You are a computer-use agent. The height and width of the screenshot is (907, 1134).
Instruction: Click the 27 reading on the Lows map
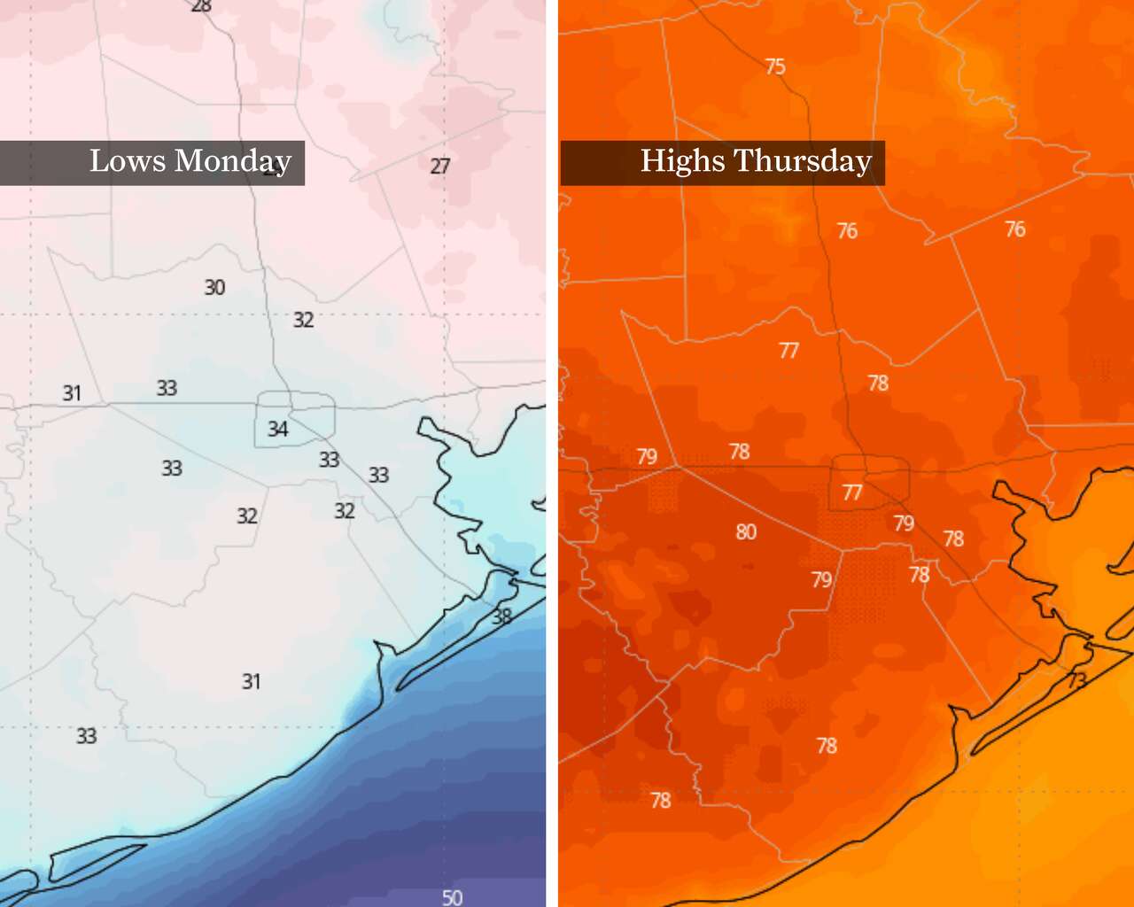point(440,166)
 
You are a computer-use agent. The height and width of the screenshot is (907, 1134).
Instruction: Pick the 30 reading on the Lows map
point(214,287)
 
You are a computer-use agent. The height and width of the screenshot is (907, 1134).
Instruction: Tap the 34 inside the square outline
point(278,430)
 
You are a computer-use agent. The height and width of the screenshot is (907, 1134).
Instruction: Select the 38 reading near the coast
point(501,616)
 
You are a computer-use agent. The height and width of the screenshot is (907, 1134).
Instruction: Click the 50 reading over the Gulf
point(452,897)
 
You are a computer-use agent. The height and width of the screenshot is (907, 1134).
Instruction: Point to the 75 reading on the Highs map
point(775,66)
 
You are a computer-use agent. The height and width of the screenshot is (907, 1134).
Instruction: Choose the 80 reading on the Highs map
point(746,531)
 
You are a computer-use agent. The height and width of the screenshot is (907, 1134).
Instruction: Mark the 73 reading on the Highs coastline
point(1077,680)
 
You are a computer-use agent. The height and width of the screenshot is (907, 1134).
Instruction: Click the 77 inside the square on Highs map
point(852,492)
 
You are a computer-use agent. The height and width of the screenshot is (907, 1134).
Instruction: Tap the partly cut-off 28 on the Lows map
point(202,6)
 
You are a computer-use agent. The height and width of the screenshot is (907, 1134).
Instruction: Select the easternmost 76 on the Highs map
point(1015,229)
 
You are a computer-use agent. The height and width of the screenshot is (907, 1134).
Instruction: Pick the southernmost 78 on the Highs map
point(661,801)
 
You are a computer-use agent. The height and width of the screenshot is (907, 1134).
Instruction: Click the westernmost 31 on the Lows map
point(72,392)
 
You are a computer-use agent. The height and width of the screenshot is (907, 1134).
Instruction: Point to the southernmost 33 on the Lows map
point(86,736)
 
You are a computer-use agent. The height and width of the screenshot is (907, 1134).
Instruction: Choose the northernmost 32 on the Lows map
point(303,320)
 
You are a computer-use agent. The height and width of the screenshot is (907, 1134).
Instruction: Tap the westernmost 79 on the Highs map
point(647,456)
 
